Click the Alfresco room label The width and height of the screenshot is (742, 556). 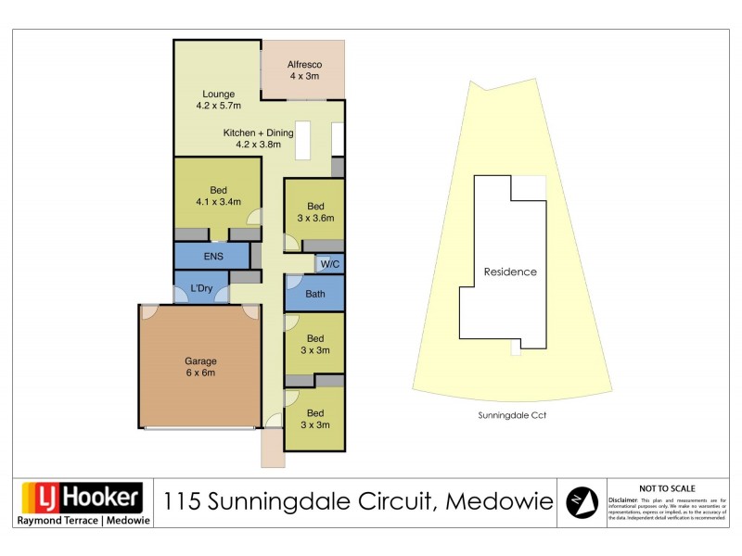(x=303, y=70)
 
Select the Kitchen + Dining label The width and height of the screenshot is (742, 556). (x=258, y=138)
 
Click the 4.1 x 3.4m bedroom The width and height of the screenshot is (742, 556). (x=217, y=196)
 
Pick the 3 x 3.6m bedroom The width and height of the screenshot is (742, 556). (x=315, y=212)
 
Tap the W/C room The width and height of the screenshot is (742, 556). (x=329, y=265)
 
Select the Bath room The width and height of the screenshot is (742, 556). (x=315, y=294)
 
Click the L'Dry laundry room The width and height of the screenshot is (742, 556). (x=201, y=289)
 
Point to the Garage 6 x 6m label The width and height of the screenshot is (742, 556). (x=200, y=367)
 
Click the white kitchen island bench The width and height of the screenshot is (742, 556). (x=302, y=138)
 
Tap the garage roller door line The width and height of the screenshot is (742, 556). (x=200, y=428)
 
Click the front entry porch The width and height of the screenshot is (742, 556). (x=273, y=451)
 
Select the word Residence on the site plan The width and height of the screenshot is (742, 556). (x=510, y=272)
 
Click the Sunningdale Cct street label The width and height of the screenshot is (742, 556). (x=511, y=416)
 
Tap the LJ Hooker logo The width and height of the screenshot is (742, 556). (x=82, y=499)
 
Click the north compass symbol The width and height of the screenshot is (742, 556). (x=581, y=502)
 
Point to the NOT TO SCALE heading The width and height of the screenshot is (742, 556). (x=668, y=488)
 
